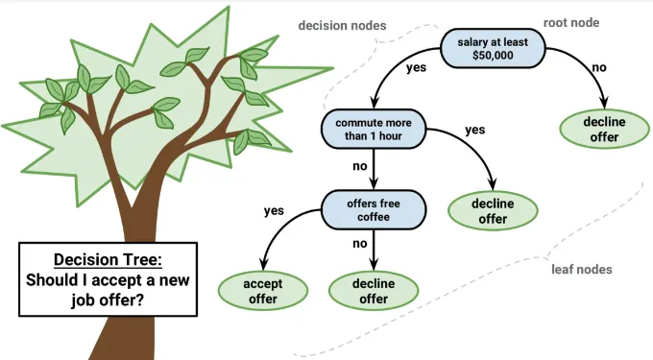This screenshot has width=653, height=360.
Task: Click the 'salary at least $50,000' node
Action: point(493,49)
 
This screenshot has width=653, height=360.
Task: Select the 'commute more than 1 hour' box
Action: point(374,129)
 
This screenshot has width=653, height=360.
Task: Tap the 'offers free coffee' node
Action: point(374,210)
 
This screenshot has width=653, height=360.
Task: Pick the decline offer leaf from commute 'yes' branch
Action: point(493,210)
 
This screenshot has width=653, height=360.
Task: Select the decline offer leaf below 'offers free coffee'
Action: point(374,291)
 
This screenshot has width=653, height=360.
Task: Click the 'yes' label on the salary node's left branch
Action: point(416,68)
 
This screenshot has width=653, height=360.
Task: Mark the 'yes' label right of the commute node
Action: point(474,129)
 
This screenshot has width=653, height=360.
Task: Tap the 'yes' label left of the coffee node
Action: point(274,210)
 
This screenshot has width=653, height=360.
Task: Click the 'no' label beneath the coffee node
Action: point(361,244)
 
